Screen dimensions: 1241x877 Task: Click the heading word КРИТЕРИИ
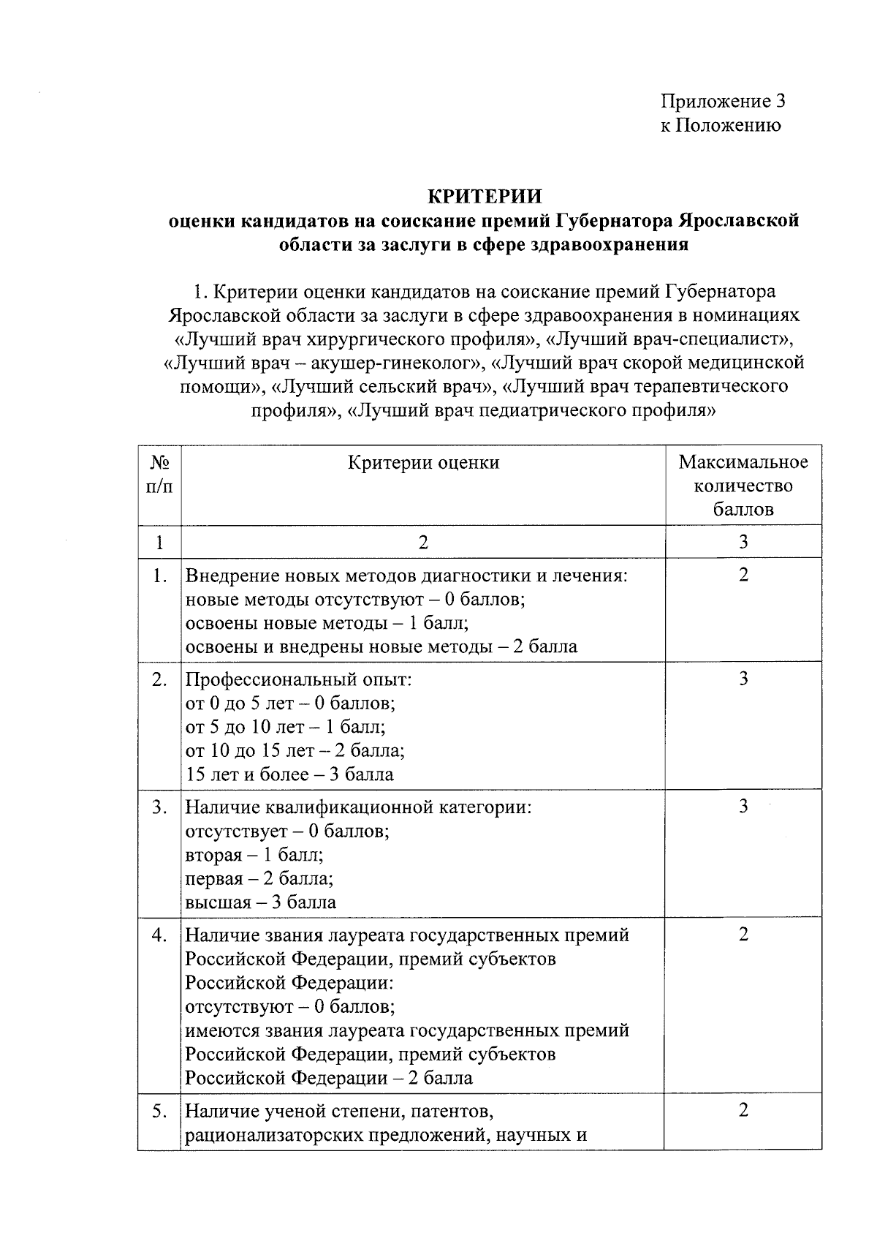[484, 197]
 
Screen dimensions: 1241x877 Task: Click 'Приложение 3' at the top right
[724, 101]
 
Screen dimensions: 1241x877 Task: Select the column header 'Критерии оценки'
[423, 462]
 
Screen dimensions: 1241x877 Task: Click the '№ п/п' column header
[160, 474]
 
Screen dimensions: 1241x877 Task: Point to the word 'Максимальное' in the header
[743, 462]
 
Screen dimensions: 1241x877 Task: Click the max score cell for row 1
[743, 575]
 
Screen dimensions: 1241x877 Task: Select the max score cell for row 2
[743, 679]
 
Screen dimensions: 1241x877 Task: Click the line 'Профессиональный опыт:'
[298, 680]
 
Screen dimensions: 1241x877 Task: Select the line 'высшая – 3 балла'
[260, 902]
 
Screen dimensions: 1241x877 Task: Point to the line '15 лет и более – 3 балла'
[289, 774]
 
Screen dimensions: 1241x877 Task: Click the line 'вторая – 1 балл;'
[254, 855]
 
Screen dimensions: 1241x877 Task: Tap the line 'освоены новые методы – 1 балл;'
[327, 623]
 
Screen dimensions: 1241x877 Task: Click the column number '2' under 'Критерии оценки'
[423, 542]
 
